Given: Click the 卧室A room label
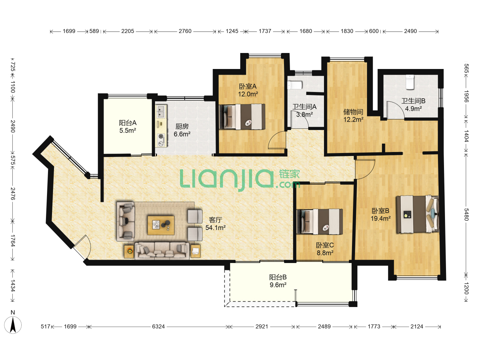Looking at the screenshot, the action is [x=248, y=86].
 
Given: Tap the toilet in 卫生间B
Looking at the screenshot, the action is [x=410, y=82].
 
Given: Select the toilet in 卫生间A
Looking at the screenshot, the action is [x=295, y=85].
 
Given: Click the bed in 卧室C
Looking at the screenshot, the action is [x=319, y=222].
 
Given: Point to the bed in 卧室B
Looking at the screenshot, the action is [x=418, y=214].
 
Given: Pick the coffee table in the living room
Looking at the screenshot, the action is [x=161, y=225].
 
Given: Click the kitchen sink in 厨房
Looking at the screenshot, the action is [x=161, y=111].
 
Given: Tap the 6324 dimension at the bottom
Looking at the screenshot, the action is [x=158, y=326].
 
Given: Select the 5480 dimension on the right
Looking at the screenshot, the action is [x=466, y=214].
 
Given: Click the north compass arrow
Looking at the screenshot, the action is [x=13, y=325].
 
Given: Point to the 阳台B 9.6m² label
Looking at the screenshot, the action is [x=278, y=281].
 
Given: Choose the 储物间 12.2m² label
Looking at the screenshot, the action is [x=353, y=116].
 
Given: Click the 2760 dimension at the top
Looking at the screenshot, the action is [x=185, y=31].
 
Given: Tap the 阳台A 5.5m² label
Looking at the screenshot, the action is [x=128, y=127].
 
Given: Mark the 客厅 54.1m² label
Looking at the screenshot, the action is [x=215, y=224].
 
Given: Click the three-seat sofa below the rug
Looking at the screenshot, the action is [x=162, y=250].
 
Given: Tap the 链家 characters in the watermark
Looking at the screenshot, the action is [x=289, y=174].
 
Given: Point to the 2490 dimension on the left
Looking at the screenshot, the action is [x=13, y=126].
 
